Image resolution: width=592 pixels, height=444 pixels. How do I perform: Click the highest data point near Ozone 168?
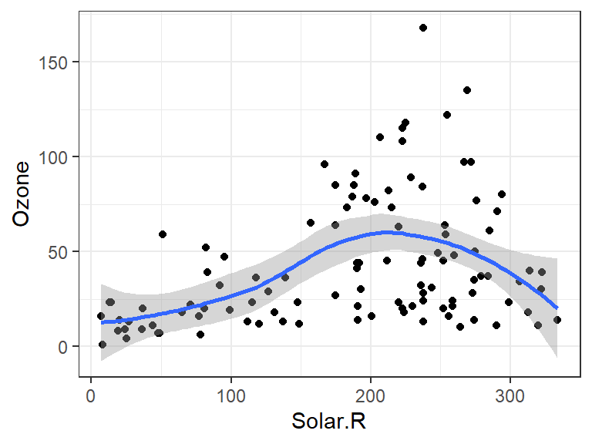[x=423, y=28]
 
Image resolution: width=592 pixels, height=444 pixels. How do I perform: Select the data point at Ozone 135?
[x=467, y=90]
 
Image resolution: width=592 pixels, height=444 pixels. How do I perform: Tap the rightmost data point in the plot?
[x=557, y=320]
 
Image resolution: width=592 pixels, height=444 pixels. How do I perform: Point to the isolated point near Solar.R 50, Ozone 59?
[x=163, y=234]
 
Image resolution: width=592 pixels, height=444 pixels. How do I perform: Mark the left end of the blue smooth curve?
[x=102, y=322]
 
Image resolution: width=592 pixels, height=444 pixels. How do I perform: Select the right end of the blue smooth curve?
[x=557, y=308]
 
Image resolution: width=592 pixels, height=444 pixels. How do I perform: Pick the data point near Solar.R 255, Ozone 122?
[x=447, y=115]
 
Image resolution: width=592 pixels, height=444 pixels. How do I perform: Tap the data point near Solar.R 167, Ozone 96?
[x=325, y=164]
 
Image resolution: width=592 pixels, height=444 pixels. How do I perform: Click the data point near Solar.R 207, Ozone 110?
[x=380, y=137]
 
